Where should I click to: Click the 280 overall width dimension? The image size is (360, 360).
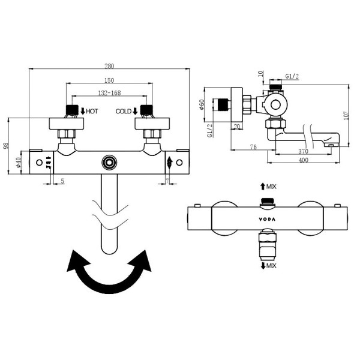(109, 66)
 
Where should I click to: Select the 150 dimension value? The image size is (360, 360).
(109, 80)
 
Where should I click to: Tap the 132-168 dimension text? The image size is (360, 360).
(109, 93)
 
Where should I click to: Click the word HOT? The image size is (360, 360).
(92, 112)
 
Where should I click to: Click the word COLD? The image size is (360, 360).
(124, 112)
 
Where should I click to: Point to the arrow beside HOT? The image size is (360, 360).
(83, 111)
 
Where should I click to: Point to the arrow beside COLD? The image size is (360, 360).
(135, 111)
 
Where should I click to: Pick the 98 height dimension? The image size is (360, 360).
(6, 146)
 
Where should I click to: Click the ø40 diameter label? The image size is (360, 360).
(19, 163)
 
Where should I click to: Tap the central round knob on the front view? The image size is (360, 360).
(109, 163)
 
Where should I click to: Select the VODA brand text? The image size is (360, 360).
(267, 219)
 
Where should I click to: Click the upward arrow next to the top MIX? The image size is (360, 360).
(263, 187)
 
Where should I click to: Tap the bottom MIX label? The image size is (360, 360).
(272, 266)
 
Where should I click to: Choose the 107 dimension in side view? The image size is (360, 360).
(346, 115)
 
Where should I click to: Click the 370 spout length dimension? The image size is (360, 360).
(303, 151)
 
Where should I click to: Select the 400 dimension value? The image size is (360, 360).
(303, 160)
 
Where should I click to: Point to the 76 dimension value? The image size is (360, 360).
(253, 147)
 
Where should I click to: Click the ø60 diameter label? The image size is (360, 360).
(202, 104)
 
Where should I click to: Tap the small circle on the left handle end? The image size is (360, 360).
(40, 163)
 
